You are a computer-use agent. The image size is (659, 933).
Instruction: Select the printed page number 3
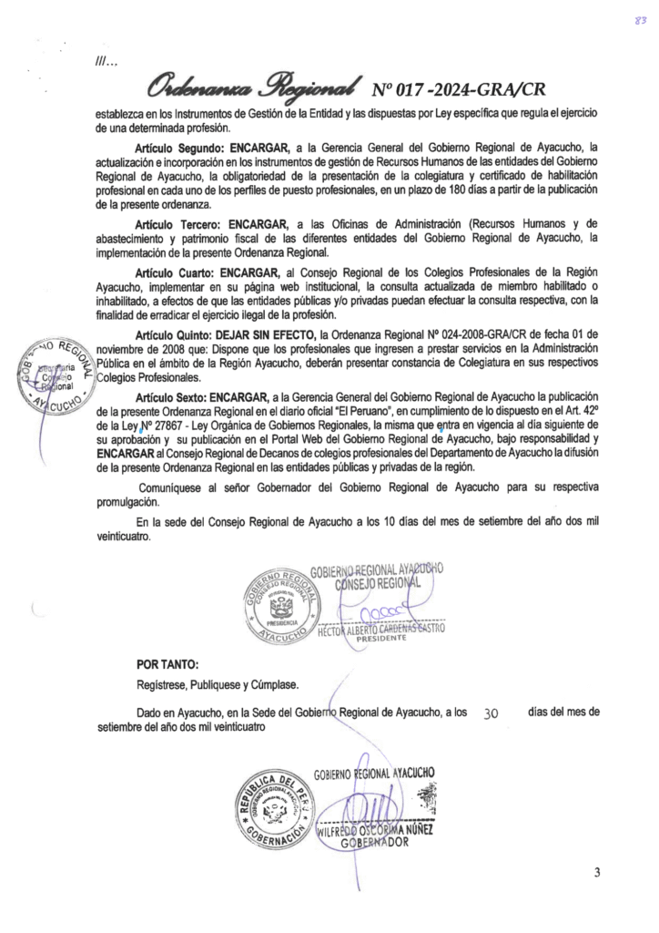click(596, 872)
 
